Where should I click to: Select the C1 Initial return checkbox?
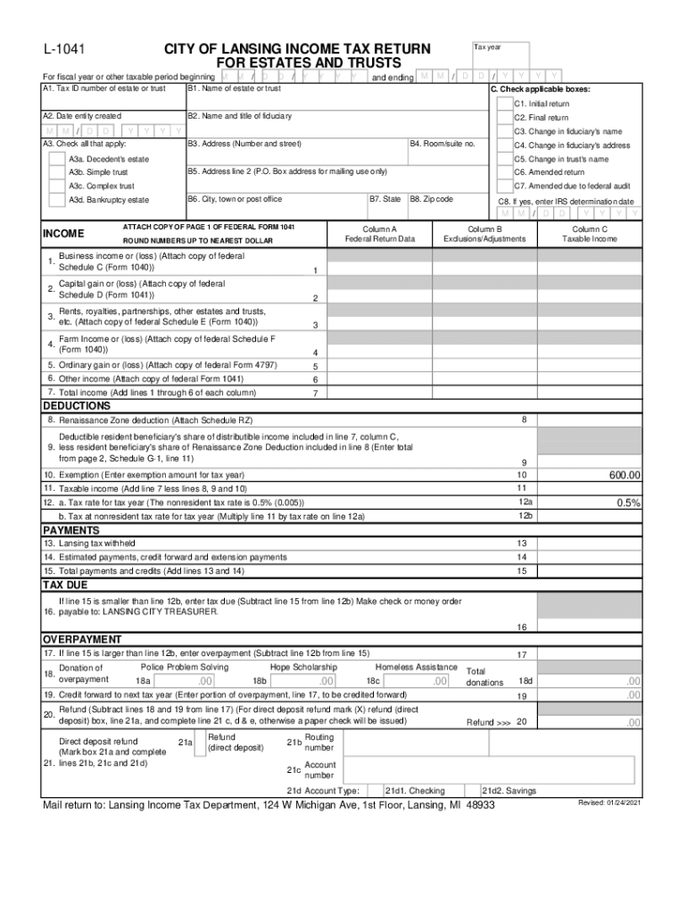point(504,104)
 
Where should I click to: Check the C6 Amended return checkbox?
point(504,172)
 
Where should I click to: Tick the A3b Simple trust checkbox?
point(58,172)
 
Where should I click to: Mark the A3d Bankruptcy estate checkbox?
point(58,200)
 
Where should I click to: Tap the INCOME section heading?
point(63,234)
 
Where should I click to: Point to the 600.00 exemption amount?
point(625,476)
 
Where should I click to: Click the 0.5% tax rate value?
point(628,503)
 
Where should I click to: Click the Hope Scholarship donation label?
point(303,667)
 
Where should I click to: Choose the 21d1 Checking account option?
point(415,791)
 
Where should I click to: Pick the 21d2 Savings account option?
point(509,791)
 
